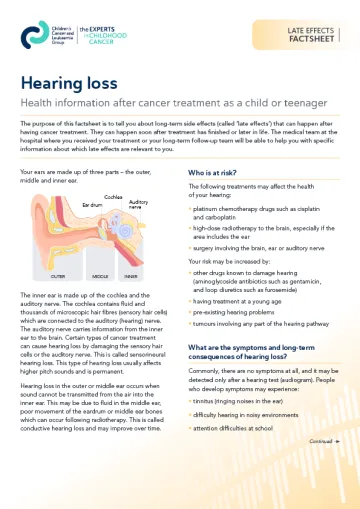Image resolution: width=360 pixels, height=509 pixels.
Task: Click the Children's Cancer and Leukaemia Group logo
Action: pos(46,38)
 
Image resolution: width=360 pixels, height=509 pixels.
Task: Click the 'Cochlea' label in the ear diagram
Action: pos(113,197)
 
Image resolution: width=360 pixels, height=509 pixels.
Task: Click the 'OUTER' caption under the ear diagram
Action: pos(59,275)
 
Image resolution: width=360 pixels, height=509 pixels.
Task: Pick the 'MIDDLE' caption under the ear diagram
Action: pos(100,275)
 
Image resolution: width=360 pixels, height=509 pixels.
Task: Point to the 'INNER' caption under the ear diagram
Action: pos(131,275)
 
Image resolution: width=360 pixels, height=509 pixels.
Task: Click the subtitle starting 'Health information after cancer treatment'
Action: pos(170,104)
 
